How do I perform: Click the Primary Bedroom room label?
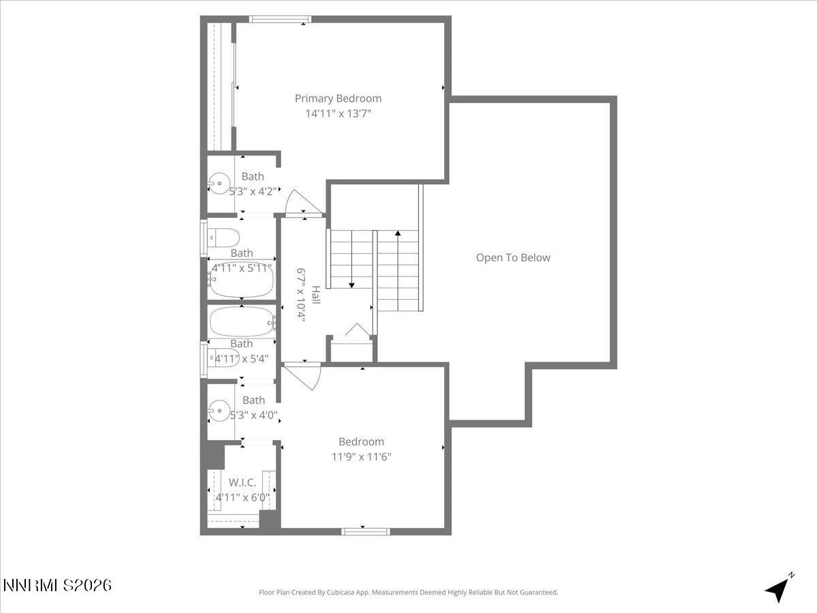click(338, 98)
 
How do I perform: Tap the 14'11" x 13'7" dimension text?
click(338, 114)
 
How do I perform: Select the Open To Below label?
click(513, 257)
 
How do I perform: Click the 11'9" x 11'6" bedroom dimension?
click(361, 456)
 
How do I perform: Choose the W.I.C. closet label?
click(242, 482)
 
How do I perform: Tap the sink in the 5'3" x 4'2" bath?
click(218, 182)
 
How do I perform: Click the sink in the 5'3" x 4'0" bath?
click(218, 409)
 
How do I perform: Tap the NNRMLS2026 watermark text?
click(57, 585)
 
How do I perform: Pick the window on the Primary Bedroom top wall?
click(280, 19)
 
